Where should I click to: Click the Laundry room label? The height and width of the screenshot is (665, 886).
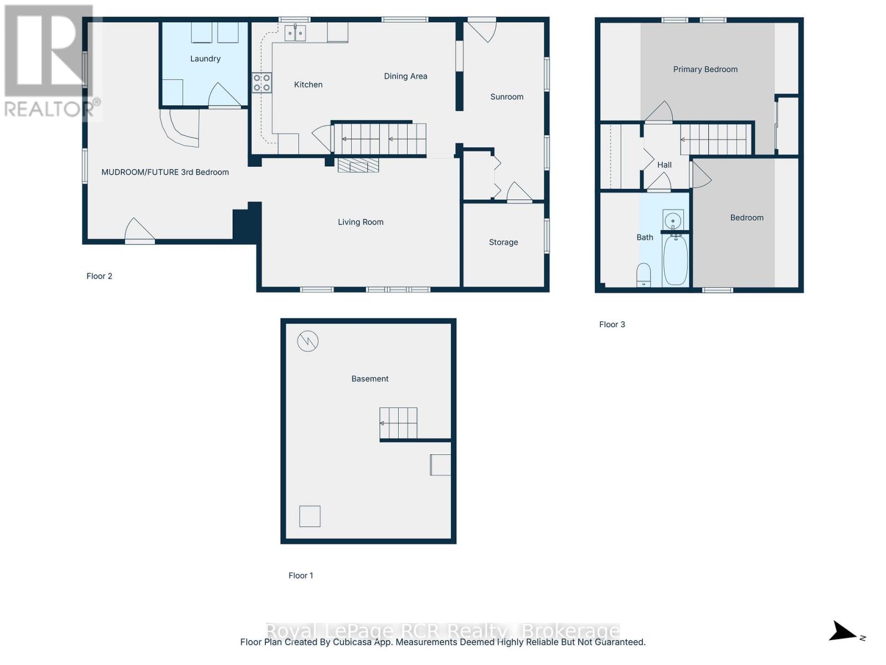coord(205,59)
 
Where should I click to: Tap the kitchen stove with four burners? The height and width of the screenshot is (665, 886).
coord(261,83)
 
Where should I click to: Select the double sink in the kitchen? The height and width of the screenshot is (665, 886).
coord(295,33)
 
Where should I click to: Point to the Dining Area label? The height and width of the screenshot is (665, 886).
coord(405,76)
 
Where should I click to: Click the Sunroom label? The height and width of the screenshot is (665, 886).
coord(507,96)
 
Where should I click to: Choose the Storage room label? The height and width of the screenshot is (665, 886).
coord(503,242)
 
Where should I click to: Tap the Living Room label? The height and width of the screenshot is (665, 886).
coord(360,222)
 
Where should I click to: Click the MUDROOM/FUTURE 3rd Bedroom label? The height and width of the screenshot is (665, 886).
coord(164,172)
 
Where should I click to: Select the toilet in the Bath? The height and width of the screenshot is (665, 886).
coord(643,274)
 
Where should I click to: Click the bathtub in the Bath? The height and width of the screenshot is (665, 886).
coord(675,260)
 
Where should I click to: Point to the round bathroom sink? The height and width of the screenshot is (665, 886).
coord(673,221)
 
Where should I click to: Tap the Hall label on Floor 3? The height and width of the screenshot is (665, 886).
coord(664,165)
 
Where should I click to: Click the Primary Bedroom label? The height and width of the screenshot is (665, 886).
coord(705,69)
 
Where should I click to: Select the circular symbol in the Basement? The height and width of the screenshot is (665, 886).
coord(307,341)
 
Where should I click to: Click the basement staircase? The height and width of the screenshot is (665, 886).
coord(398,423)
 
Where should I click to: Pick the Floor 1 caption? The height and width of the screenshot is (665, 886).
coord(300,575)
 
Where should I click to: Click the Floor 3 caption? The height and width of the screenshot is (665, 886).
coord(611,324)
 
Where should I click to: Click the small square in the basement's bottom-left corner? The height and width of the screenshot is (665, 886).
coord(310,516)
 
